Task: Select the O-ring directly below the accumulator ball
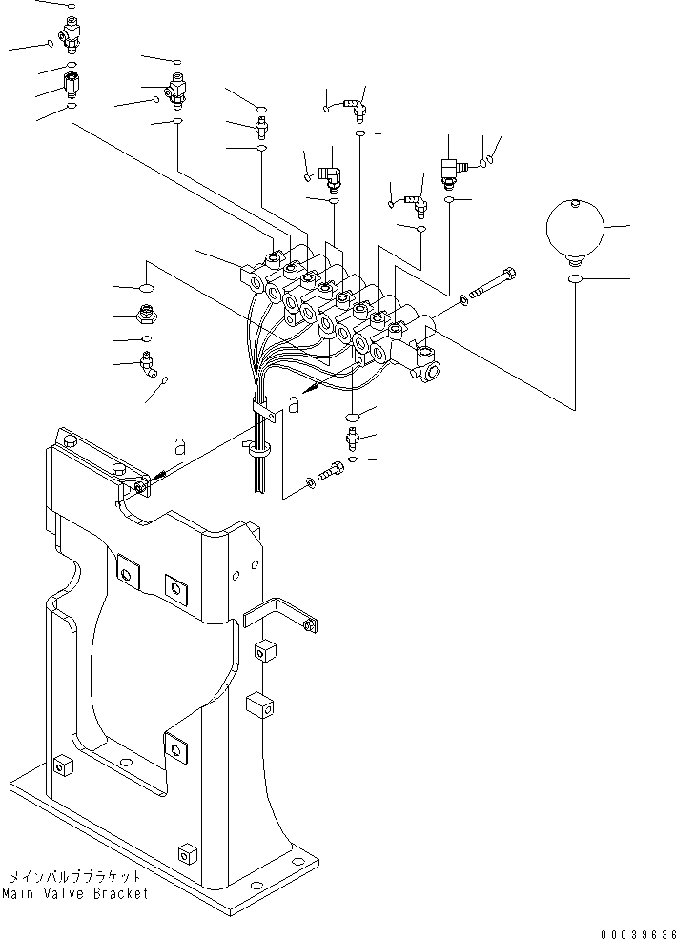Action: [575, 278]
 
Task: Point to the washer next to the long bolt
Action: [464, 300]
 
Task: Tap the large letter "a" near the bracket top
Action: [177, 445]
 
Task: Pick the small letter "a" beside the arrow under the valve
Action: [293, 404]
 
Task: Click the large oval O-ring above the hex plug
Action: [146, 287]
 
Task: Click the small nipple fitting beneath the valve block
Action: [352, 439]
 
